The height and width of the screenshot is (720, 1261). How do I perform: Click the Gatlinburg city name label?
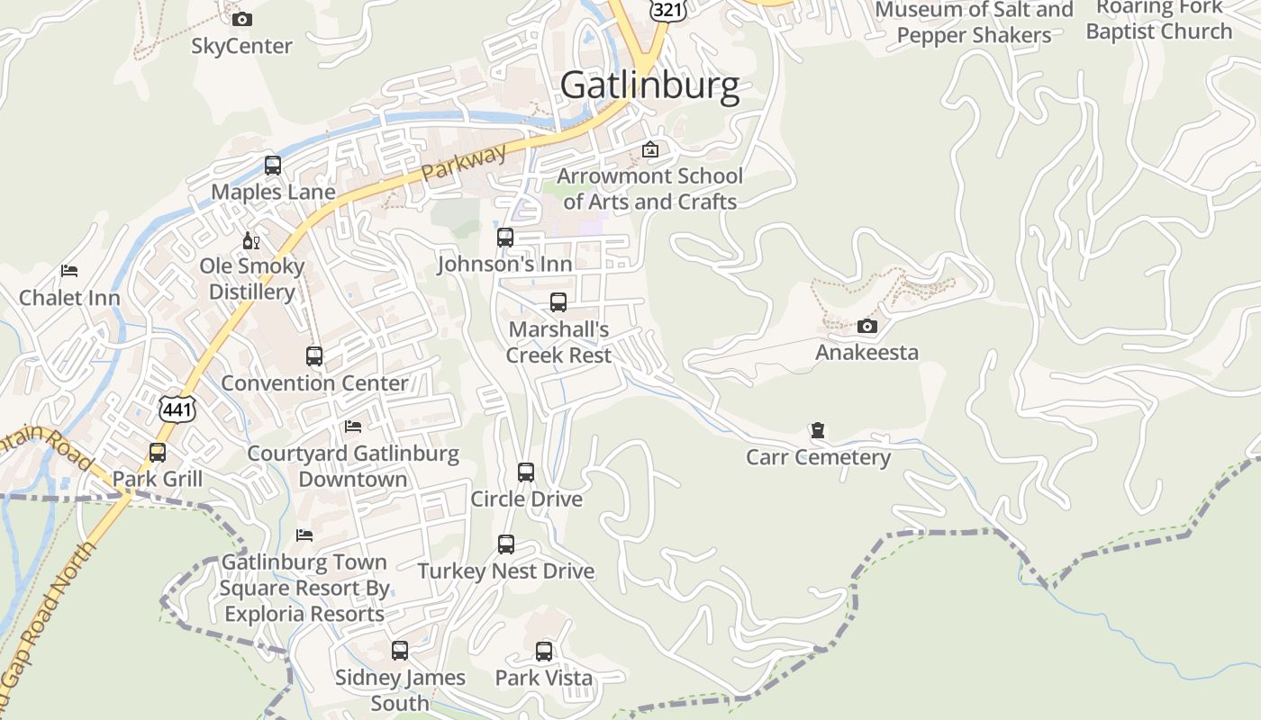click(x=649, y=85)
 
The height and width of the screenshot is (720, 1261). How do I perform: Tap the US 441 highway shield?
click(x=177, y=409)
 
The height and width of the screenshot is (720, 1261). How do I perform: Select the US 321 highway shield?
click(x=667, y=9)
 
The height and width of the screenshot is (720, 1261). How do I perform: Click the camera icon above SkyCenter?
click(x=241, y=19)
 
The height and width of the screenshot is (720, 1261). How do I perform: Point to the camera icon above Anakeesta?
click(x=866, y=326)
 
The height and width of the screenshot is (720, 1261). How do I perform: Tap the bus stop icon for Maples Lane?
click(x=273, y=166)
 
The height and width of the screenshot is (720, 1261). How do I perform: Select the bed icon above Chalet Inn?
click(x=69, y=271)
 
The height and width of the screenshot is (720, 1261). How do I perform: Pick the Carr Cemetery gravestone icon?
click(x=818, y=430)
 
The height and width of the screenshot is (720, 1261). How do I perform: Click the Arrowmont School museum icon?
click(x=650, y=149)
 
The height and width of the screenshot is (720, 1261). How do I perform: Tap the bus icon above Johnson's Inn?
click(x=505, y=238)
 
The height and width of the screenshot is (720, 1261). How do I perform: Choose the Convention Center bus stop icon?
click(x=314, y=356)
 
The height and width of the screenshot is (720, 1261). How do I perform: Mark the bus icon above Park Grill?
click(x=158, y=452)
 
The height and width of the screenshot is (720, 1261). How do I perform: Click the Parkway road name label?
click(x=465, y=166)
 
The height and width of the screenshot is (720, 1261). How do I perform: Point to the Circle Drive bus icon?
click(x=526, y=472)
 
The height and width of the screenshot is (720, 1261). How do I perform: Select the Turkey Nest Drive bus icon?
click(x=506, y=544)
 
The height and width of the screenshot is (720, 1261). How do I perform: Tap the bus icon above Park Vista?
click(x=544, y=652)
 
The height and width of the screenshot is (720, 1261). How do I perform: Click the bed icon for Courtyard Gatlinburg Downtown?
click(x=353, y=426)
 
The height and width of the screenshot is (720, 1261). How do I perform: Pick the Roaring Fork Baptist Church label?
click(x=1158, y=20)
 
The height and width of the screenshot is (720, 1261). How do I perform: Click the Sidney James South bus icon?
click(x=400, y=651)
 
